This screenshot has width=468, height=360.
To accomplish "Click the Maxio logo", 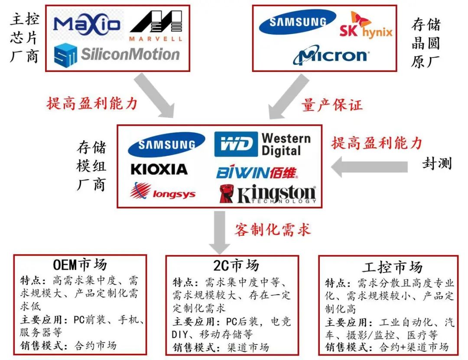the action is pos(87,24).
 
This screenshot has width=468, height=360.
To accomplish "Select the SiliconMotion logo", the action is pos(117,55).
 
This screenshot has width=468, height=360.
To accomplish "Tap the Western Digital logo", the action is pos(263,144).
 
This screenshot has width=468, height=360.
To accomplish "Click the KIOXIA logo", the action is pos(159,169).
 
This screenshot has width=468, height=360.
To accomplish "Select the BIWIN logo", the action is pos(257,172).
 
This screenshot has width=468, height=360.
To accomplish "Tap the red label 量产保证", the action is pos(332,105).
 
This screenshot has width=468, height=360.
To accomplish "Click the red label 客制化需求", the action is pos(273,229).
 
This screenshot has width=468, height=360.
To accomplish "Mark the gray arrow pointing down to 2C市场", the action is pos(220,234).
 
